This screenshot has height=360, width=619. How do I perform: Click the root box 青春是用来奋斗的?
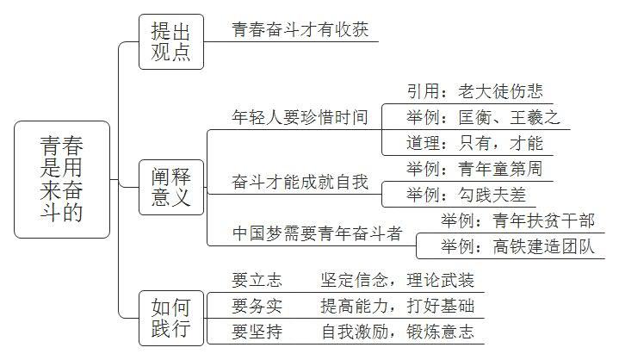coord(62,180)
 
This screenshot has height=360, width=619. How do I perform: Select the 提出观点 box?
coord(171,42)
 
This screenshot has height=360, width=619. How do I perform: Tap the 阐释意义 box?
coord(171,188)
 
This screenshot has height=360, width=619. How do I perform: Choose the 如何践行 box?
coord(171,318)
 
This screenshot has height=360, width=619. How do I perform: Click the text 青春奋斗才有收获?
coord(300,29)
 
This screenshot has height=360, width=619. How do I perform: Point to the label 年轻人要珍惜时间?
coord(300,117)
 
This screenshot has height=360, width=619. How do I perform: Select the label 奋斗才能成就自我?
coord(300,182)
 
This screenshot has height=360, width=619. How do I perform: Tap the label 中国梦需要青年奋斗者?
coord(318,233)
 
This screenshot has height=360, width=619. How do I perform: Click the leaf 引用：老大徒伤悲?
coord(475,91)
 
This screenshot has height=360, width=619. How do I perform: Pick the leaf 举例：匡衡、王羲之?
coord(484,117)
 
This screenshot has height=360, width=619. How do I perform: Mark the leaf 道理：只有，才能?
coord(475,143)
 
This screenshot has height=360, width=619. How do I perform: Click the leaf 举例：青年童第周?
coord(475,169)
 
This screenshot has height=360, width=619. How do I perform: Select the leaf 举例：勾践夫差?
coord(467,195)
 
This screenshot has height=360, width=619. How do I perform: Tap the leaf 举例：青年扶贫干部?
coord(518,220)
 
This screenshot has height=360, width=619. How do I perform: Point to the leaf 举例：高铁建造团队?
coord(518,246)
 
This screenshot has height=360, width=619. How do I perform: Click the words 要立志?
coord(257,280)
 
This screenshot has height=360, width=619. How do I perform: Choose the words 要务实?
coord(257,306)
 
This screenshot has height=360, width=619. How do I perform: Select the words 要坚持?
coord(257,332)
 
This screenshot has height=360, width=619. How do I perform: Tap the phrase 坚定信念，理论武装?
coord(398,280)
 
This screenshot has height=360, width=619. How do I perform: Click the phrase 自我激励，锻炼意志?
coord(398,332)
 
